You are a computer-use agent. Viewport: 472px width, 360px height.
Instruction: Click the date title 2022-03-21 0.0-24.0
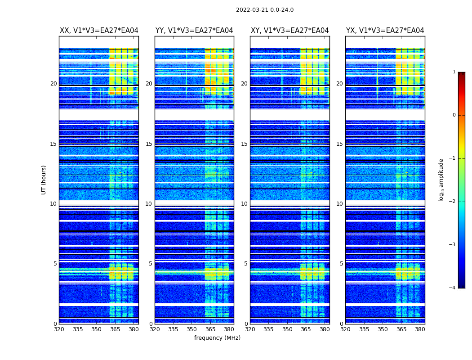pyautogui.click(x=265, y=10)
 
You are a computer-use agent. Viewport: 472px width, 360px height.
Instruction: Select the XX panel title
pyautogui.click(x=99, y=31)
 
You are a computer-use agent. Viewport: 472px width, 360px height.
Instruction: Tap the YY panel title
pyautogui.click(x=194, y=31)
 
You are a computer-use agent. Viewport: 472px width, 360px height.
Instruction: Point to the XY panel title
pyautogui.click(x=289, y=31)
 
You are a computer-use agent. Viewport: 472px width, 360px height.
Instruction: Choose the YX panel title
pyautogui.click(x=385, y=31)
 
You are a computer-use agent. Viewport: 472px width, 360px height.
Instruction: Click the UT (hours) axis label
pyautogui.click(x=44, y=180)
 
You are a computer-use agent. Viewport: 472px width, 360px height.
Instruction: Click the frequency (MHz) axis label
pyautogui.click(x=217, y=338)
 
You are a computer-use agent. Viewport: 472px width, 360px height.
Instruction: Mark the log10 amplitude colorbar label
pyautogui.click(x=441, y=180)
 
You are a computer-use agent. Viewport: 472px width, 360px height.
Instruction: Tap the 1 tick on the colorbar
pyautogui.click(x=454, y=72)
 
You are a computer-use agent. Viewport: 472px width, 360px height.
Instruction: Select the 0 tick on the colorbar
pyautogui.click(x=454, y=115)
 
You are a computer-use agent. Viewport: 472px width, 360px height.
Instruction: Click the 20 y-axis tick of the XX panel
pyautogui.click(x=53, y=84)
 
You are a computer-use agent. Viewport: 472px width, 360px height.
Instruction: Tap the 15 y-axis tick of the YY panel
pyautogui.click(x=149, y=144)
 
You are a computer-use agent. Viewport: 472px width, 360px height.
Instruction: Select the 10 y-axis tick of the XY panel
pyautogui.click(x=244, y=204)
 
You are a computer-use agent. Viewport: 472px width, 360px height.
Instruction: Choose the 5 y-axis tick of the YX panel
pyautogui.click(x=341, y=264)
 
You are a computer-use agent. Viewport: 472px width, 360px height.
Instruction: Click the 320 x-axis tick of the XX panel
pyautogui.click(x=59, y=329)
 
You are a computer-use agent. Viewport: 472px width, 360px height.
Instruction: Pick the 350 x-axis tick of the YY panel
pyautogui.click(x=192, y=329)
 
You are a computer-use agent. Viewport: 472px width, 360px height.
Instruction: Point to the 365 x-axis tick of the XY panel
pyautogui.click(x=306, y=329)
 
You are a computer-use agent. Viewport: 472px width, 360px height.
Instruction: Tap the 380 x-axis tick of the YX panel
pyautogui.click(x=420, y=329)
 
